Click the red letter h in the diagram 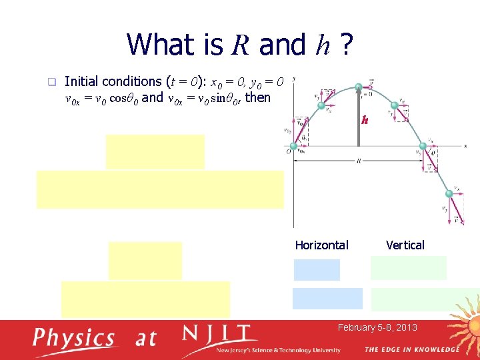(365, 121)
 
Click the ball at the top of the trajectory (358, 87)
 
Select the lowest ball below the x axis (449, 194)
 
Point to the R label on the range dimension (358, 161)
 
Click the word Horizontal (321, 245)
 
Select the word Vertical (405, 245)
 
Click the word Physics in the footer (74, 338)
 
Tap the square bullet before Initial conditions (49, 82)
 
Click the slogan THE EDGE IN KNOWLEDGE (411, 349)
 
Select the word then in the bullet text (258, 97)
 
